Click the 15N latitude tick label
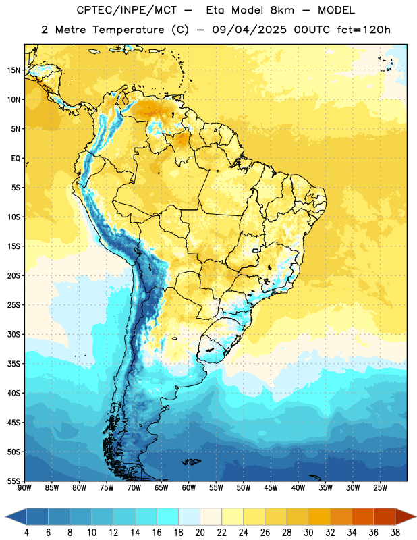(x=13, y=70)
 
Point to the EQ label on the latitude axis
(x=16, y=159)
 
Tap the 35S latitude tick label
(x=13, y=364)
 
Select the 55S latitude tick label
(x=13, y=481)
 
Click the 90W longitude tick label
(x=24, y=488)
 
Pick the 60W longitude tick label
(x=189, y=488)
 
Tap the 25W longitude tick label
(x=380, y=488)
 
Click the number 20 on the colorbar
(x=200, y=533)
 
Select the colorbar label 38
(x=395, y=533)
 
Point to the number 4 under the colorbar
(x=26, y=533)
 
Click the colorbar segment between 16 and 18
(x=168, y=516)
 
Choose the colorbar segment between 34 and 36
(x=362, y=516)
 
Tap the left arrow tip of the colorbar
(x=5, y=516)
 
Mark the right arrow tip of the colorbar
(x=416, y=516)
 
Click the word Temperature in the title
(x=129, y=30)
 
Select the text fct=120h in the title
(x=364, y=30)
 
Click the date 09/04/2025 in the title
(x=249, y=30)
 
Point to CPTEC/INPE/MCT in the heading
(x=127, y=10)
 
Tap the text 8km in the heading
(x=282, y=10)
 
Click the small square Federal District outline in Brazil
(x=256, y=250)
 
